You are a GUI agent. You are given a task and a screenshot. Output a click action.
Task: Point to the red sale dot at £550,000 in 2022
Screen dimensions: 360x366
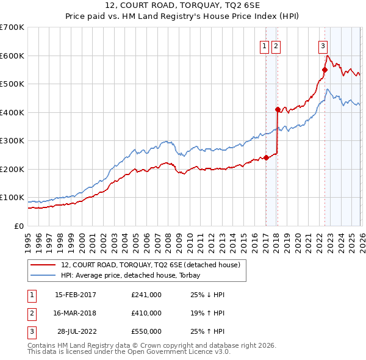tap(325, 70)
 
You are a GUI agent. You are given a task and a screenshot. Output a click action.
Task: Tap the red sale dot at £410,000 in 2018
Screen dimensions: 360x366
tap(278, 110)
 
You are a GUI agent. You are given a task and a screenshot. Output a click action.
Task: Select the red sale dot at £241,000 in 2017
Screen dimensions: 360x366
tap(266, 157)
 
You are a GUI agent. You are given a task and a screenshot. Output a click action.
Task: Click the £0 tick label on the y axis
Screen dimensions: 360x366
tap(18, 226)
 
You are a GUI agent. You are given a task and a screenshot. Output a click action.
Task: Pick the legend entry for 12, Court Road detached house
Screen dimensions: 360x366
tap(151, 265)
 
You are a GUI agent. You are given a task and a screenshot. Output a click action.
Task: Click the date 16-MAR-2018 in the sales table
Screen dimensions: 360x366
tap(75, 312)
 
